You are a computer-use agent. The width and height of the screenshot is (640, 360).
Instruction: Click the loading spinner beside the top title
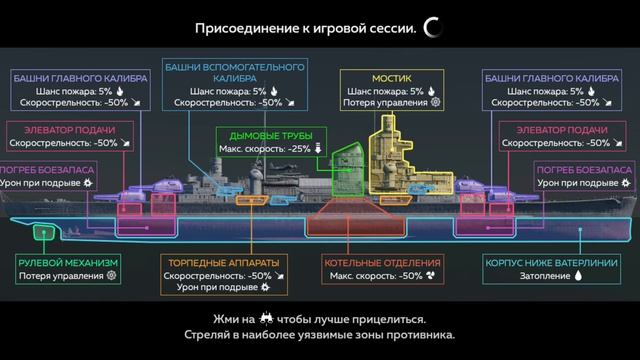433,28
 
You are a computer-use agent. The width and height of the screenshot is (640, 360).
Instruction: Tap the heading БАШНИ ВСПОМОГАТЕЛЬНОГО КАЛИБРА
233,73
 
